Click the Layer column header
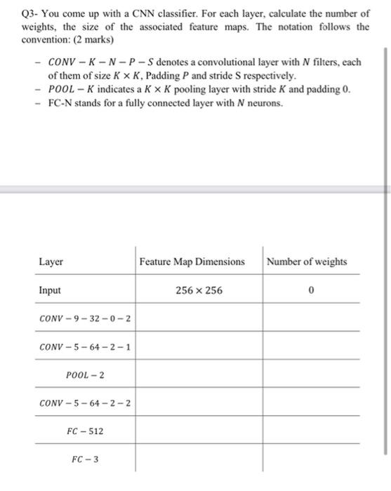(51, 262)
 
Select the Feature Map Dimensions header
(192, 262)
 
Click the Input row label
(50, 290)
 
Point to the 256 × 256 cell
(199, 290)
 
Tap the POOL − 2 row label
(85, 375)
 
